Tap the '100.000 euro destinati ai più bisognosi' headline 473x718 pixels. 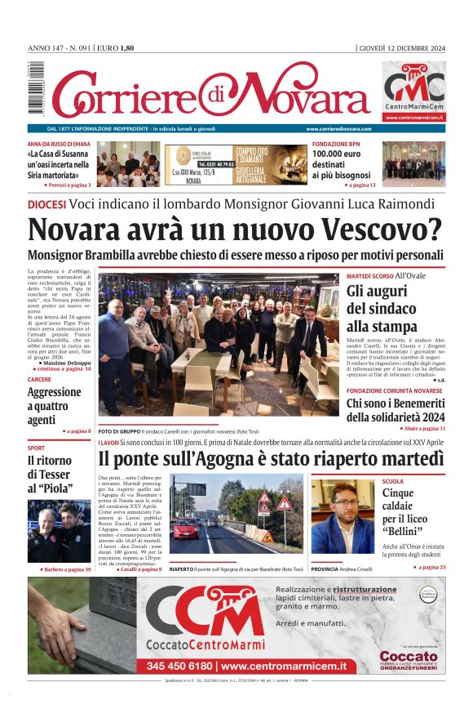(x=341, y=163)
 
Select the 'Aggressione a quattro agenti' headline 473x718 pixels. (x=55, y=406)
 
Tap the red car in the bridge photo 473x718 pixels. (x=186, y=528)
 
